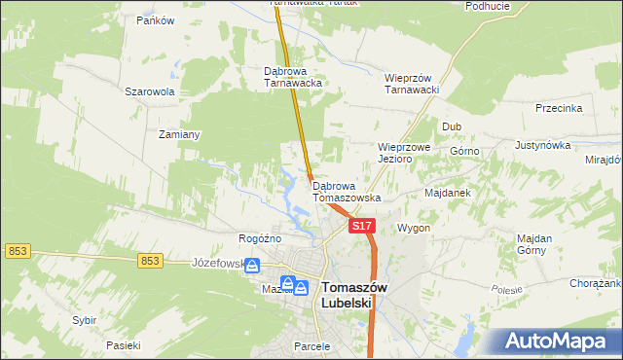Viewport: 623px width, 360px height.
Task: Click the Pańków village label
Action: tap(155, 19)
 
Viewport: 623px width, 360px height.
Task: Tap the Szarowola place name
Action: tap(149, 91)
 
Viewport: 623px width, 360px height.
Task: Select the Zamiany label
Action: tap(179, 135)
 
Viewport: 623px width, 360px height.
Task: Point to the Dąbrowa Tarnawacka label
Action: tap(293, 77)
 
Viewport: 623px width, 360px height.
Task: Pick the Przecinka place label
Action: tap(559, 109)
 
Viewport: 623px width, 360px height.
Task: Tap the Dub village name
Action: tap(452, 126)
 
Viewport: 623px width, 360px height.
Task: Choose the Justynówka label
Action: tap(541, 145)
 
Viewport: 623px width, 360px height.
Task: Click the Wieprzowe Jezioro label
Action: tap(404, 153)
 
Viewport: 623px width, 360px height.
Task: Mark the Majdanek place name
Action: tap(448, 193)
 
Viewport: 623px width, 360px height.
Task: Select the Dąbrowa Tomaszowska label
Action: tap(346, 191)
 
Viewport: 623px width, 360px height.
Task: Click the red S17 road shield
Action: tap(361, 226)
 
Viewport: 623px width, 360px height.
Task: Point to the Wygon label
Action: tap(414, 228)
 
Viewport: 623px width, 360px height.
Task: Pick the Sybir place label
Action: tap(85, 320)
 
